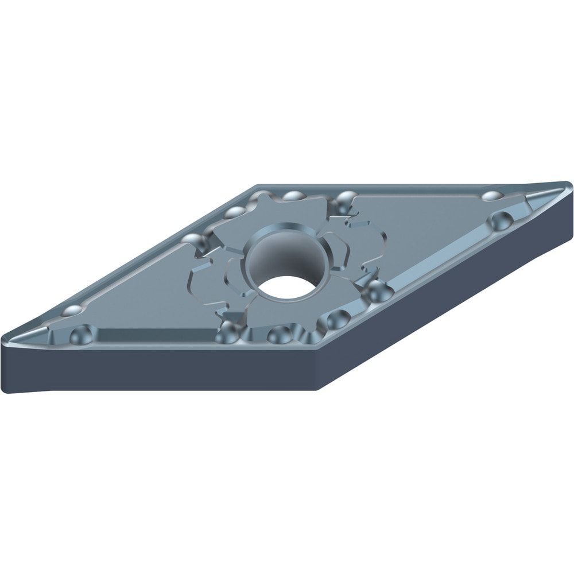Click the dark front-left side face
161,367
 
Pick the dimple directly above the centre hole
294,196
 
